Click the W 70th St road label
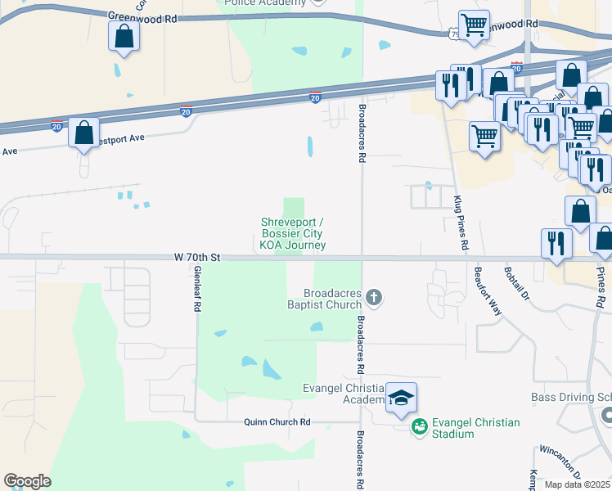198,257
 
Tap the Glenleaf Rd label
197,293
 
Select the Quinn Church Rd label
277,422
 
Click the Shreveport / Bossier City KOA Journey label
292,233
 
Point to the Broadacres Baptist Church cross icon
374,297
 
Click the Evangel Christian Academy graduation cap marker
401,398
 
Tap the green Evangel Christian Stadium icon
420,426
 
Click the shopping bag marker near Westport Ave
83,132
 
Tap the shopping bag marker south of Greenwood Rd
124,35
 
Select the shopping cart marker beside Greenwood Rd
474,25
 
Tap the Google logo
27,481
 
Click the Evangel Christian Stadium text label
476,428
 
